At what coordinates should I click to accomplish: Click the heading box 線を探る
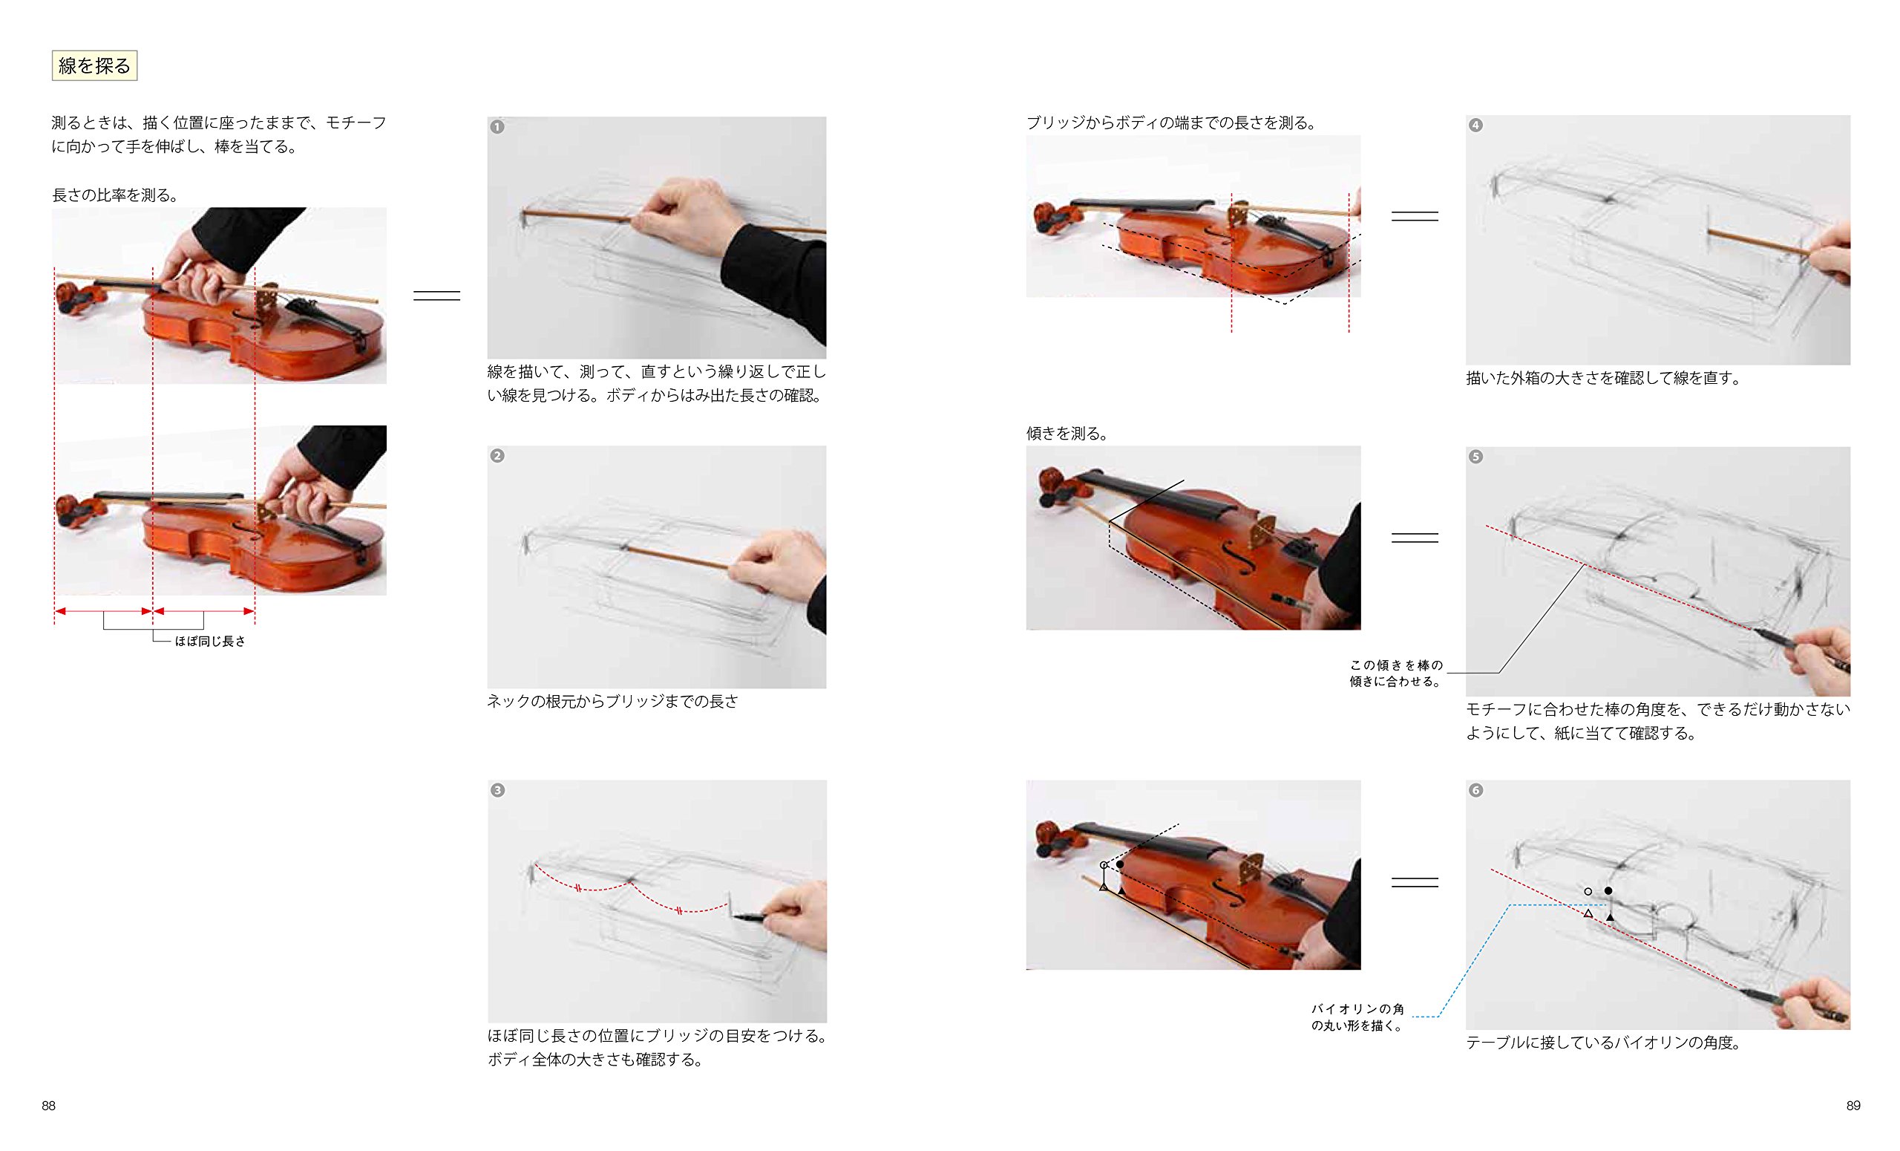pos(94,65)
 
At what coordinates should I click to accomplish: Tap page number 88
pos(48,1106)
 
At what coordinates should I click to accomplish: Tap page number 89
pos(1853,1106)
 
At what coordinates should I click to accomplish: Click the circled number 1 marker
pos(497,126)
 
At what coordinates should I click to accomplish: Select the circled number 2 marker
pos(497,456)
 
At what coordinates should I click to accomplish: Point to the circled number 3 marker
pos(497,791)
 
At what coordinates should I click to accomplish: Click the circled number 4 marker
pos(1475,125)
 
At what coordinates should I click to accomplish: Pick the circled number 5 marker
pos(1475,457)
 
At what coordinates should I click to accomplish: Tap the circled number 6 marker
pos(1475,791)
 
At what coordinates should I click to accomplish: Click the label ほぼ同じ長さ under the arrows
pos(210,641)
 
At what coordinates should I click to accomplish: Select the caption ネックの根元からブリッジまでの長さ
pos(612,701)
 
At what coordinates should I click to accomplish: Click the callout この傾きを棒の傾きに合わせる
pos(1396,673)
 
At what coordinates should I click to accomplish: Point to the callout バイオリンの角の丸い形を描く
pos(1358,1017)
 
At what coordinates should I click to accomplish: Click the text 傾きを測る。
pos(1068,434)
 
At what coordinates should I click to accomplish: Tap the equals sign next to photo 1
pos(436,296)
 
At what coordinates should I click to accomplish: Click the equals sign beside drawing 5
pos(1415,538)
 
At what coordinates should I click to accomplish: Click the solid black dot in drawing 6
pos(1608,890)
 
